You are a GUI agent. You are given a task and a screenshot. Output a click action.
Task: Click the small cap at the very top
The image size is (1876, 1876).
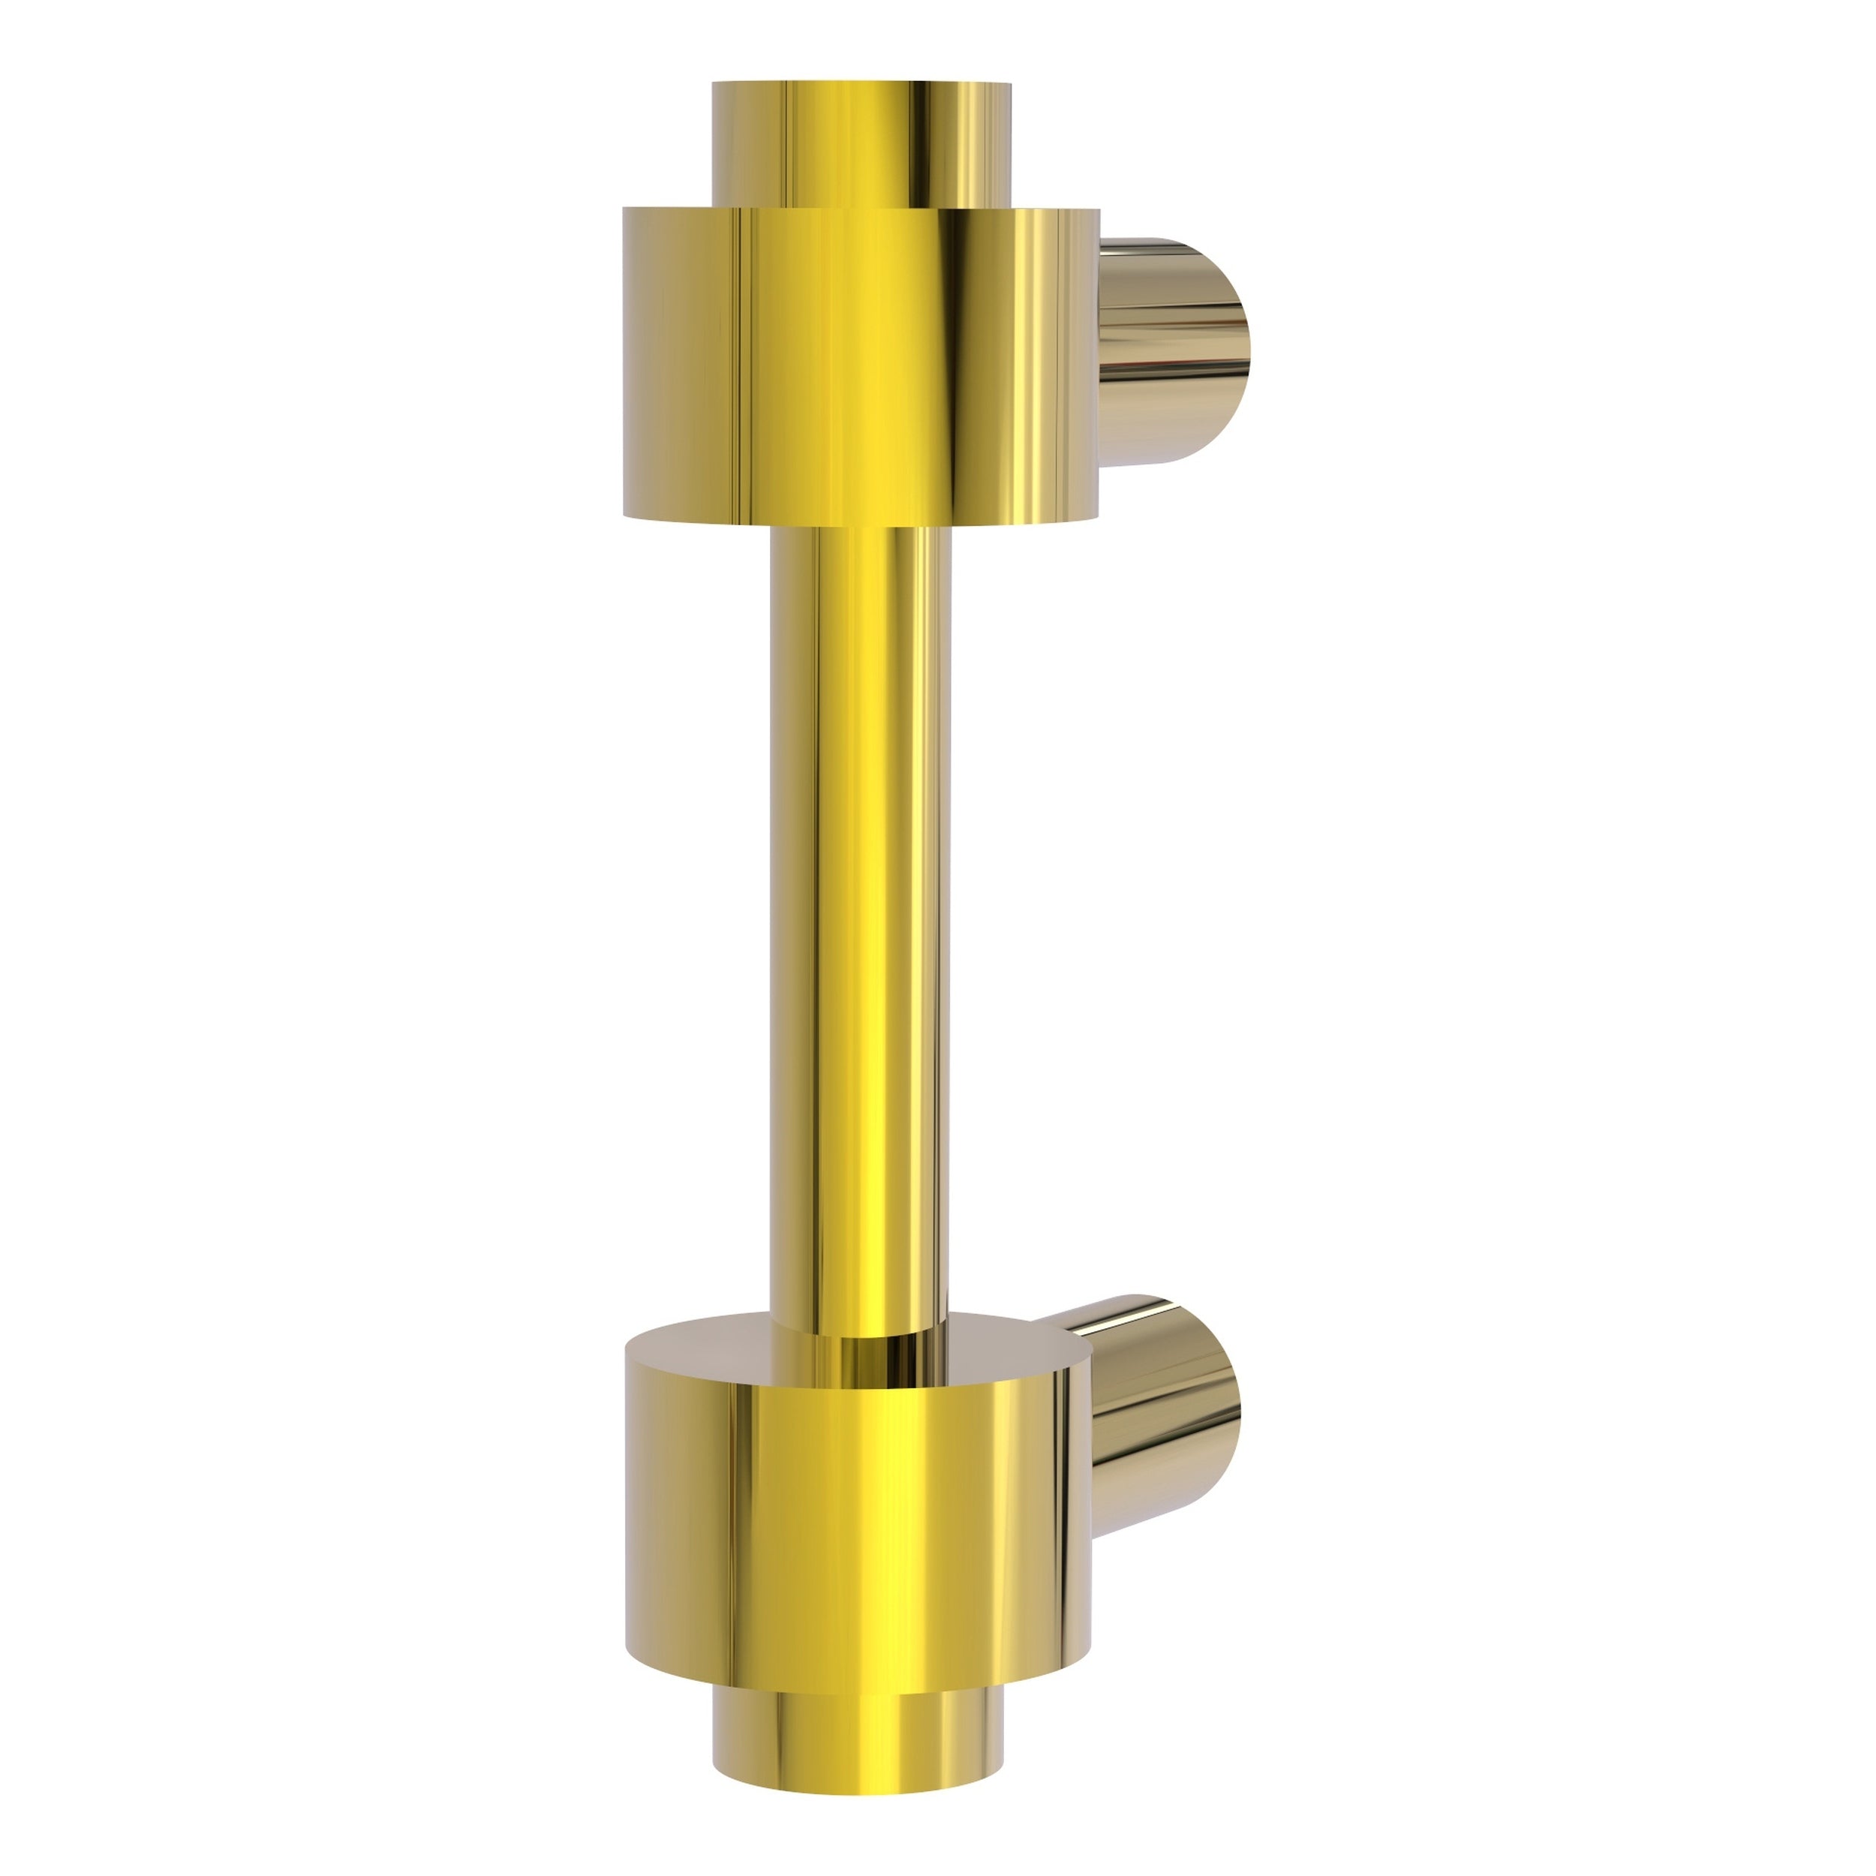tap(860, 146)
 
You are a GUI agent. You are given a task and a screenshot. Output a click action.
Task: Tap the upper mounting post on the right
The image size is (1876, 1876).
tap(1170, 351)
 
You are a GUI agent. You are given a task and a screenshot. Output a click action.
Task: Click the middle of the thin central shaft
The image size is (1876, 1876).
tap(860, 922)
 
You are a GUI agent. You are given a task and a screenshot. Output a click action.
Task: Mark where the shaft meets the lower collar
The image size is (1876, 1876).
tap(860, 1334)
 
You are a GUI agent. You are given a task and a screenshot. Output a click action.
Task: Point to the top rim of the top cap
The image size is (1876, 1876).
tap(860, 85)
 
